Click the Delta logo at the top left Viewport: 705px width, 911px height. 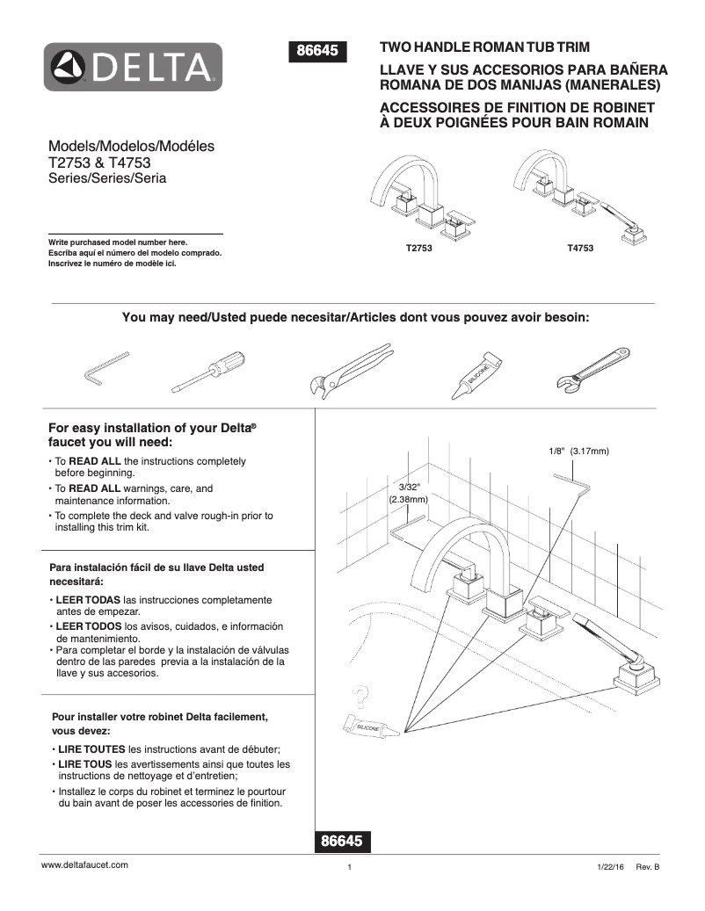(x=134, y=67)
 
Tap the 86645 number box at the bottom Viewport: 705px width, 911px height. (x=341, y=841)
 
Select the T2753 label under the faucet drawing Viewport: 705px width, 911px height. (x=419, y=249)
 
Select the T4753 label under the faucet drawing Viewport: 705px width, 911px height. (x=580, y=249)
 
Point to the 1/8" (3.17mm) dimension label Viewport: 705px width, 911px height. (x=578, y=451)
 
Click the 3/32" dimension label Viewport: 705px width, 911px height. (x=410, y=487)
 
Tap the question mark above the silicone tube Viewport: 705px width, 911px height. (x=358, y=698)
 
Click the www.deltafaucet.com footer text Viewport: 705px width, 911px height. (x=85, y=864)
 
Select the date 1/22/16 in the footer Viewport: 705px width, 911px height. (x=609, y=866)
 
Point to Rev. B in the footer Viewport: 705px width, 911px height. (x=647, y=866)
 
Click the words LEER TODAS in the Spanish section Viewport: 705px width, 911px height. (x=89, y=600)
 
